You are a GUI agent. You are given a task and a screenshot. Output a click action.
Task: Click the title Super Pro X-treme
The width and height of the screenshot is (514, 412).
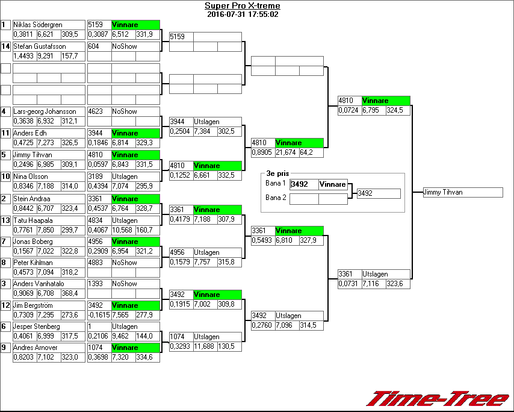click(x=242, y=6)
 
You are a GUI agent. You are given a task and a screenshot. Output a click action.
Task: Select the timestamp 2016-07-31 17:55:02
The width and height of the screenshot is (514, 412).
click(x=242, y=14)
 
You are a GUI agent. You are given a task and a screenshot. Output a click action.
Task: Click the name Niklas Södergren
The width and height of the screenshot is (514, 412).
click(x=37, y=25)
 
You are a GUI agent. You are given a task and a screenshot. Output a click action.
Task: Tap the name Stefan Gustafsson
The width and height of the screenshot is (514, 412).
click(x=40, y=46)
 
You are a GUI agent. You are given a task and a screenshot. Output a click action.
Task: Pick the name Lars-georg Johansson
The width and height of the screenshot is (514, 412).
click(x=45, y=111)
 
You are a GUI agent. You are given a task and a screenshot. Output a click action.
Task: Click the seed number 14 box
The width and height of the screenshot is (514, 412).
click(x=5, y=46)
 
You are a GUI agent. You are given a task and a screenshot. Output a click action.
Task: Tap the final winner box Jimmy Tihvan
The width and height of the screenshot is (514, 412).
click(x=462, y=192)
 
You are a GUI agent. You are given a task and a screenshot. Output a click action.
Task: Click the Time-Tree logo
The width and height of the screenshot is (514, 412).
click(x=438, y=399)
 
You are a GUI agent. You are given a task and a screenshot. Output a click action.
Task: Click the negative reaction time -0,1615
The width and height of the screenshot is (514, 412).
click(x=99, y=315)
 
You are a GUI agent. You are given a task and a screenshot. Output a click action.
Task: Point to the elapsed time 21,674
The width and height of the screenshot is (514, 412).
click(x=286, y=153)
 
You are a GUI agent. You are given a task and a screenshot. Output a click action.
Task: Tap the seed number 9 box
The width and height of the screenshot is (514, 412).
click(x=5, y=348)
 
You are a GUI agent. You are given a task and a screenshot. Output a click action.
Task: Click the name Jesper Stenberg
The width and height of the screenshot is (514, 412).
click(x=37, y=326)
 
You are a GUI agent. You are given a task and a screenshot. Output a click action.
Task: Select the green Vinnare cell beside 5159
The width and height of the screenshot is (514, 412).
click(x=135, y=25)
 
